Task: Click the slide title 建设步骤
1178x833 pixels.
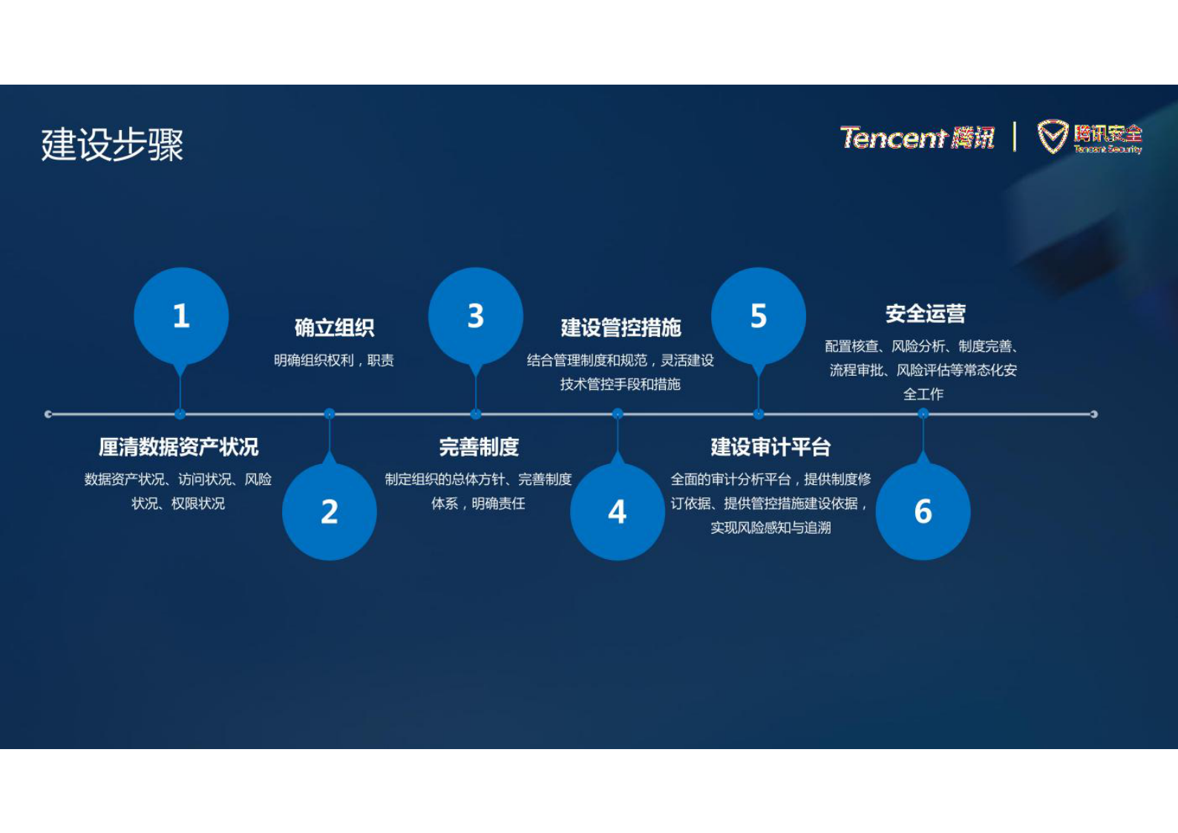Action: click(112, 144)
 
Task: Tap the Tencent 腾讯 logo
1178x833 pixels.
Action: click(917, 137)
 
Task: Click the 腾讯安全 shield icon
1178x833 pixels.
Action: click(1052, 137)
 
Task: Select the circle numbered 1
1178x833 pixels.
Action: click(181, 316)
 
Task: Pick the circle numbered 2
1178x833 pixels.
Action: click(330, 512)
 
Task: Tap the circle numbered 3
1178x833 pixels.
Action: click(476, 316)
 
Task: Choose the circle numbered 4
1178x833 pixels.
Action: click(618, 512)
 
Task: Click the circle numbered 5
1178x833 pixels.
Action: click(759, 316)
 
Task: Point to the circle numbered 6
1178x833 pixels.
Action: click(923, 512)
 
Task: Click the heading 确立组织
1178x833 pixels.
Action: click(334, 327)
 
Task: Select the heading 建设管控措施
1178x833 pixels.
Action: click(621, 327)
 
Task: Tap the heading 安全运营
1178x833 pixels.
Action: click(925, 313)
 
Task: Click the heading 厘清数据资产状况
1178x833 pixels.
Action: click(179, 447)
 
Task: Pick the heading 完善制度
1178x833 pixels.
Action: click(479, 447)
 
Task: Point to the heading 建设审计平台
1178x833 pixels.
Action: click(770, 447)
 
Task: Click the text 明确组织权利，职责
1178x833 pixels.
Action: click(334, 360)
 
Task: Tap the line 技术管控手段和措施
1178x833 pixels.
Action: click(621, 384)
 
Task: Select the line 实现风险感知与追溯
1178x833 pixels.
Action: click(770, 527)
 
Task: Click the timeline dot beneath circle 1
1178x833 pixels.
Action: click(180, 414)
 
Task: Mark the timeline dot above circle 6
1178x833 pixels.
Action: click(923, 414)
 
